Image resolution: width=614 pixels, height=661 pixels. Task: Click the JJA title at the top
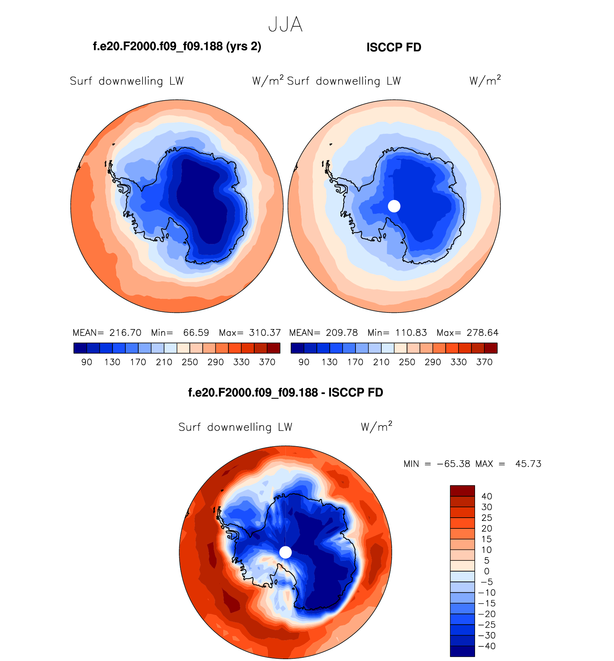[x=285, y=25]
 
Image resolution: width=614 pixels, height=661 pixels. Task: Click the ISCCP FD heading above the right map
[x=394, y=47]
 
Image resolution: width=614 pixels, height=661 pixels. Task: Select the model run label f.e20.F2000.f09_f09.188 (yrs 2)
[x=177, y=46]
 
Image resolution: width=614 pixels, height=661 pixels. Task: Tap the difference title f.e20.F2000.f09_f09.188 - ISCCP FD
[x=285, y=392]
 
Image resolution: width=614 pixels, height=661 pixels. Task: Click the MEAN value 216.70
[x=125, y=333]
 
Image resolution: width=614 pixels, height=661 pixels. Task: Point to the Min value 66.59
[x=196, y=333]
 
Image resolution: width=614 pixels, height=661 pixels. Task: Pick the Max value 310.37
[x=265, y=333]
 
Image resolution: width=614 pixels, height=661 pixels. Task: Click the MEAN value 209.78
[x=342, y=333]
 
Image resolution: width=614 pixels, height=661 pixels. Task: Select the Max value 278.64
[x=483, y=333]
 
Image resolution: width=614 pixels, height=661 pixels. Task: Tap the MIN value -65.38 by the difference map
[x=453, y=464]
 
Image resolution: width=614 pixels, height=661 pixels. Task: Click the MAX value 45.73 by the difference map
[x=528, y=464]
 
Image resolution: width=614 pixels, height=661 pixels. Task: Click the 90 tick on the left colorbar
[x=87, y=362]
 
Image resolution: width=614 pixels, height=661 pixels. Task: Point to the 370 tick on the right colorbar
[x=484, y=362]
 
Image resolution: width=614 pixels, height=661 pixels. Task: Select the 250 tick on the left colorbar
[x=190, y=362]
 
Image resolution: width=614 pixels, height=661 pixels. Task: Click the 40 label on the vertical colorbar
[x=487, y=496]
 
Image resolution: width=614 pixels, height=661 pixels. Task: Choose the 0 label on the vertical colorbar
[x=487, y=571]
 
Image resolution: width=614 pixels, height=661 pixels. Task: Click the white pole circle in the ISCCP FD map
[x=394, y=206]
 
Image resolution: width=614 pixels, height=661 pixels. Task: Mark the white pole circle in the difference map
[x=285, y=552]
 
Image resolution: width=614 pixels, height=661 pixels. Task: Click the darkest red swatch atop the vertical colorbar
[x=462, y=491]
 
